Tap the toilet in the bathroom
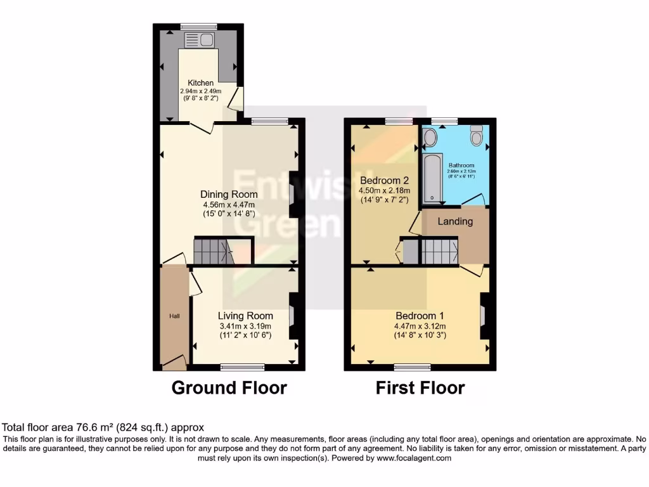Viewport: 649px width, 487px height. point(477,135)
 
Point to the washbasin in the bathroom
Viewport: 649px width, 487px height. point(430,137)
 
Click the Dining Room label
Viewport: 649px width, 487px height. point(229,194)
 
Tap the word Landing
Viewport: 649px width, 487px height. point(455,221)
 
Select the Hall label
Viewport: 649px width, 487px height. point(173,316)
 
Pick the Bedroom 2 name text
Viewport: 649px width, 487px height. point(385,180)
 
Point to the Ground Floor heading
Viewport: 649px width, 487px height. point(229,387)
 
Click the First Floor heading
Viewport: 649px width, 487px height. point(420,387)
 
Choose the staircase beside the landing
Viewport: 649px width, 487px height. point(439,251)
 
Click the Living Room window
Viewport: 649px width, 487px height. point(242,367)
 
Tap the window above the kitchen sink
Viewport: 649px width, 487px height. point(198,27)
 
